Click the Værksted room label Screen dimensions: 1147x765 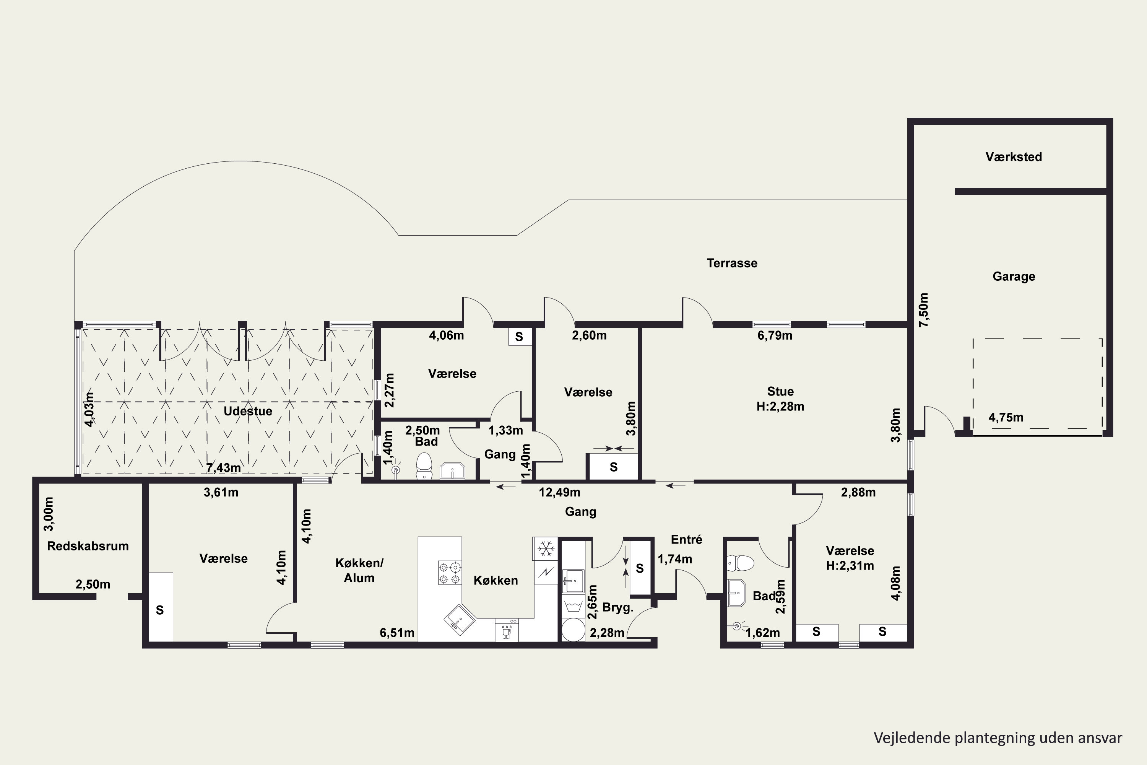click(x=1014, y=156)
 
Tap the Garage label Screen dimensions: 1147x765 click(x=1014, y=276)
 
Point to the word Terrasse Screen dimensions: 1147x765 click(x=732, y=263)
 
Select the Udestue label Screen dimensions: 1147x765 click(x=248, y=411)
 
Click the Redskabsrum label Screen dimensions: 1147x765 click(x=88, y=546)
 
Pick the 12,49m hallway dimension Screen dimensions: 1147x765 click(x=559, y=492)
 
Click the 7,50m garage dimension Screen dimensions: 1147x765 click(x=924, y=309)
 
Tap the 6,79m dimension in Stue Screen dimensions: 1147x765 click(x=775, y=335)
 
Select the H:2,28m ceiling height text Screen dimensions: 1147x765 click(x=780, y=406)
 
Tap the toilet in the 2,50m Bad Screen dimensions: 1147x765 click(x=424, y=466)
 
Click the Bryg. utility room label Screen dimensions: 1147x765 click(x=618, y=607)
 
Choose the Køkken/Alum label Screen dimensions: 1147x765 click(x=359, y=570)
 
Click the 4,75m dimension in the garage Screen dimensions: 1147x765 click(x=1006, y=417)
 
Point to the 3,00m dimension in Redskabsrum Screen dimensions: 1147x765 click(x=49, y=514)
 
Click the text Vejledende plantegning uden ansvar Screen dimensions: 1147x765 click(x=998, y=738)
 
